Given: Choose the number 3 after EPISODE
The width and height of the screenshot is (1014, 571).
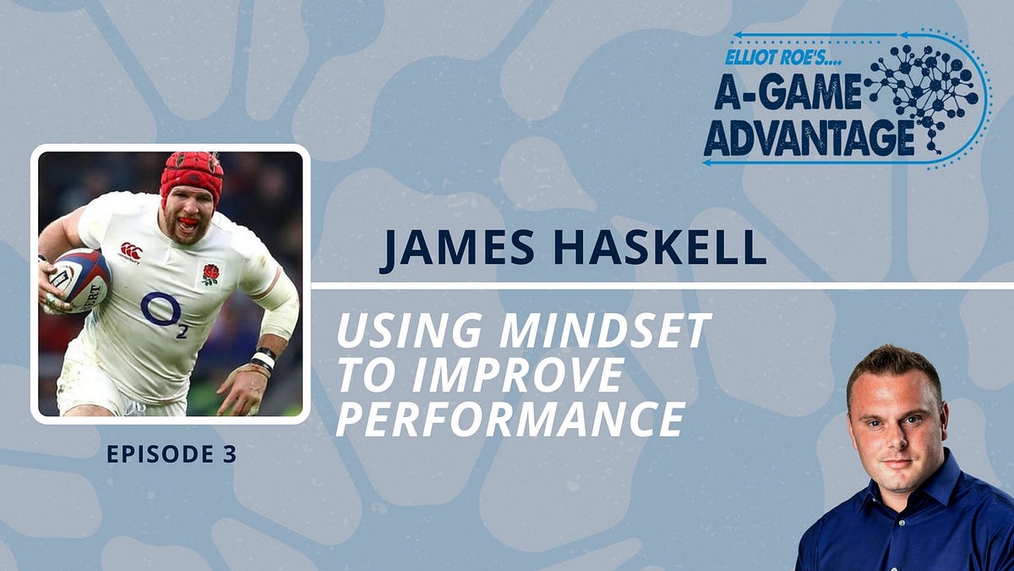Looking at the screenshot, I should (228, 454).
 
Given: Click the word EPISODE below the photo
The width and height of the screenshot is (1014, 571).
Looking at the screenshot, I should (160, 454).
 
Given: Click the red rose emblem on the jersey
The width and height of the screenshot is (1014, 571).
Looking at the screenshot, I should (210, 273).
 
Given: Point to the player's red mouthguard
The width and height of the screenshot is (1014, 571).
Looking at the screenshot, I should (188, 224).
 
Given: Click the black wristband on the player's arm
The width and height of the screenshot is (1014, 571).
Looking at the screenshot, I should (265, 354).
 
